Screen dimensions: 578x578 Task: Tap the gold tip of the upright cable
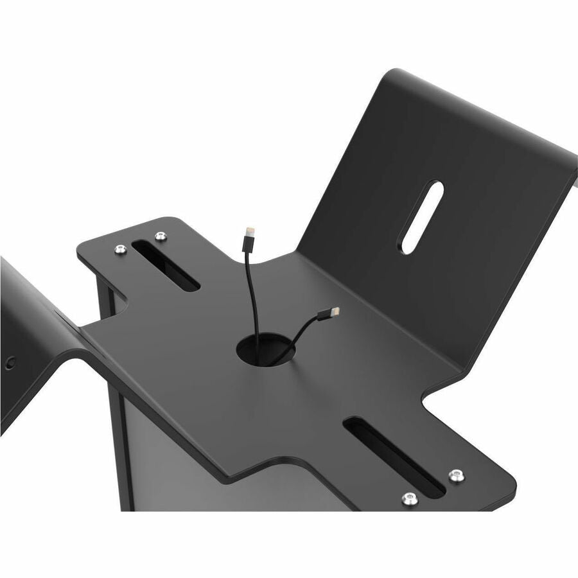247,229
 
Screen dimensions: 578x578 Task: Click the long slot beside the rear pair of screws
166,265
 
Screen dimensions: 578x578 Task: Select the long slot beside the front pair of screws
393,457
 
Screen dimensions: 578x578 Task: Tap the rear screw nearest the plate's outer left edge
120,249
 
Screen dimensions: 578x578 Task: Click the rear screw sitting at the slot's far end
160,236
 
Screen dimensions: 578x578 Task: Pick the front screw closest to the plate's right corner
456,475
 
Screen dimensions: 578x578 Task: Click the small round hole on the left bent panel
9,362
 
